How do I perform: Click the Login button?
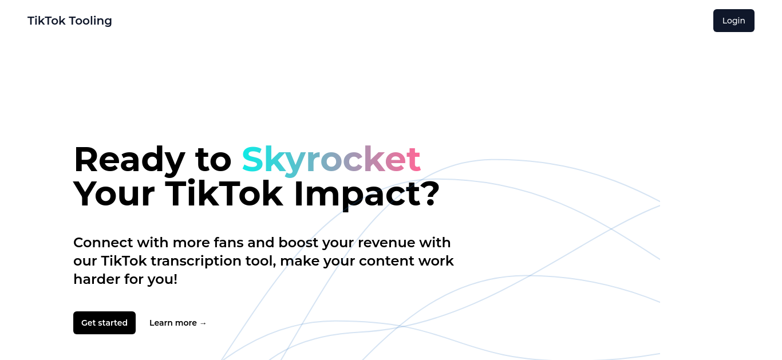tap(733, 21)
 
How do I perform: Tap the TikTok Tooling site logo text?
tap(70, 21)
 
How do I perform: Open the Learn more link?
tap(178, 323)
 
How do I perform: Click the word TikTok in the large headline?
tap(224, 193)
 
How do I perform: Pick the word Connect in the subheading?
tap(104, 243)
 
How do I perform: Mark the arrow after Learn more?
tap(203, 323)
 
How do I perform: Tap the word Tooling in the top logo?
tap(90, 21)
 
